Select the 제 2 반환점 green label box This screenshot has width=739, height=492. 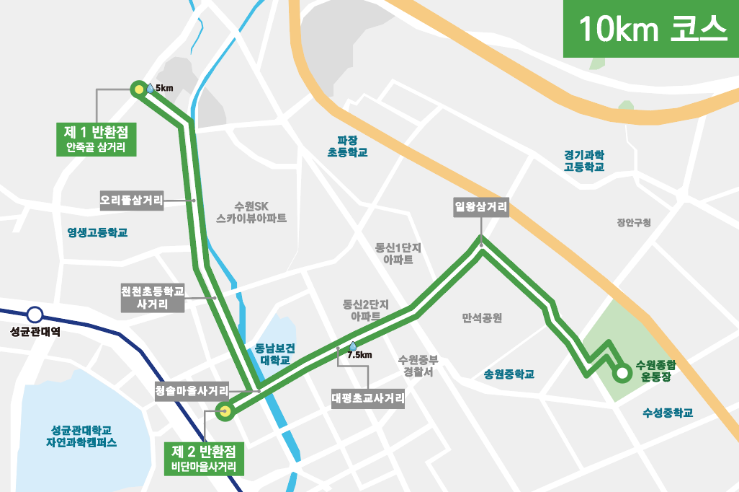(205, 458)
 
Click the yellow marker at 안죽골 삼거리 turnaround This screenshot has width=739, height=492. (138, 89)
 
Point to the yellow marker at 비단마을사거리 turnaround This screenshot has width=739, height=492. (225, 412)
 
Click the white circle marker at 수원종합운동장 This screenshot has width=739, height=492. (620, 374)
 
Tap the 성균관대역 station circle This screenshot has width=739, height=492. (35, 315)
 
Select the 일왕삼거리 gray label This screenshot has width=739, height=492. (481, 208)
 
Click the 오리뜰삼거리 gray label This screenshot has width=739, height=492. (132, 200)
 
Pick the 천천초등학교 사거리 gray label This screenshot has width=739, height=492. (153, 298)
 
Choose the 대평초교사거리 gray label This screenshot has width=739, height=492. (368, 398)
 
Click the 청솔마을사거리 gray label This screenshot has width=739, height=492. (192, 391)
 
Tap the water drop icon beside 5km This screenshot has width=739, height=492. (150, 88)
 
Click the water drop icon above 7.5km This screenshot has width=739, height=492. (353, 346)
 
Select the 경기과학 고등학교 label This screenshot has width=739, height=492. (584, 161)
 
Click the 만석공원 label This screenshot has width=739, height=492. (482, 318)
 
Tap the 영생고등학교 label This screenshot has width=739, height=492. (97, 233)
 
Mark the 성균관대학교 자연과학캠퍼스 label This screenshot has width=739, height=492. (81, 436)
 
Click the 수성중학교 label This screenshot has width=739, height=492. (667, 413)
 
